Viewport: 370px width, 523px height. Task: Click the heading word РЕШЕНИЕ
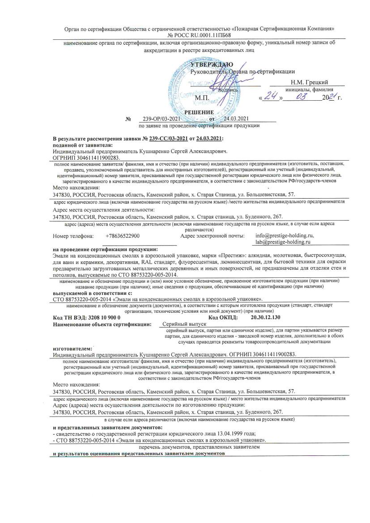[199, 112]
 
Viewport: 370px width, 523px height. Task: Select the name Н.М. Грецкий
[309, 82]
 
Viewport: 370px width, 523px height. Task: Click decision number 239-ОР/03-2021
[161, 119]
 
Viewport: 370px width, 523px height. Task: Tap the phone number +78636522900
[123, 236]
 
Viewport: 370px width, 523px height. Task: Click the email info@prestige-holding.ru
[285, 235]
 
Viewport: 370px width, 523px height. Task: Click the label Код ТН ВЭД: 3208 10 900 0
[86, 317]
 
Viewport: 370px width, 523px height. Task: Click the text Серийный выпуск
[184, 323]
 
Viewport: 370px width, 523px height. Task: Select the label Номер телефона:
[73, 236]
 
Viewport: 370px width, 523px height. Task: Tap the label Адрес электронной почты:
[213, 236]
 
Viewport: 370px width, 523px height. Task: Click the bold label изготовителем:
[72, 348]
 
